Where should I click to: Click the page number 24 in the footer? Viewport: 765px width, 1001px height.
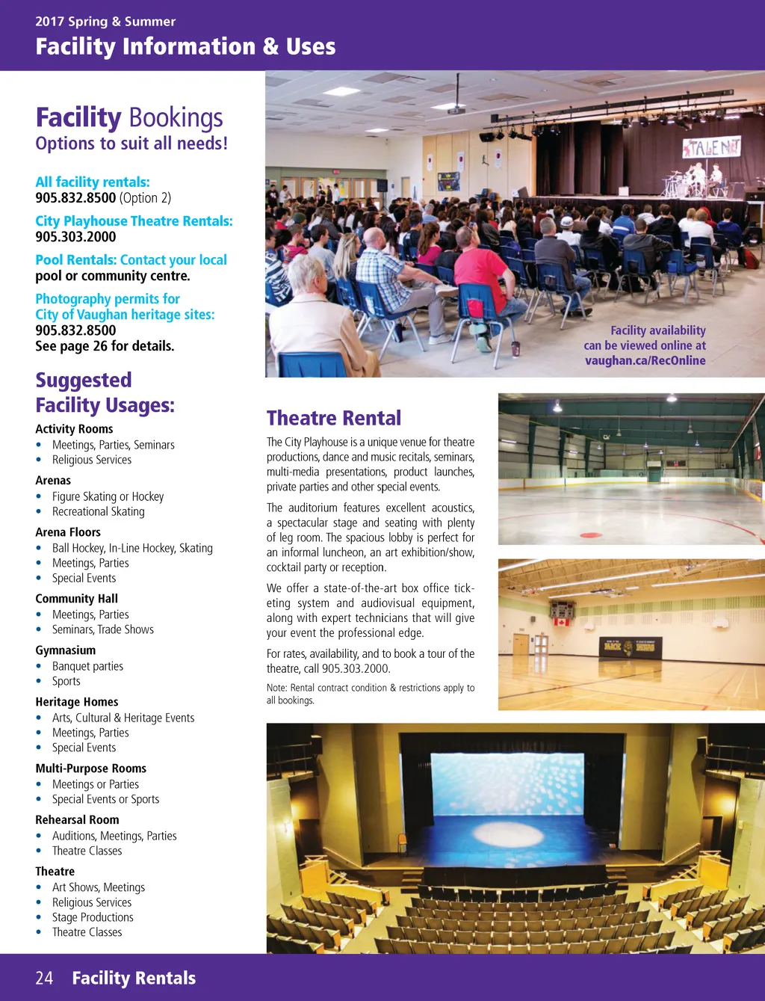(x=44, y=978)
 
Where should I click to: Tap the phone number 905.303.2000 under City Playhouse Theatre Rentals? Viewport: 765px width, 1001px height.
(x=75, y=237)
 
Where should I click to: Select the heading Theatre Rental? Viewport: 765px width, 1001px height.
(x=333, y=418)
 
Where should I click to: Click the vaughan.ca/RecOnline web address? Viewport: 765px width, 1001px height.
(x=645, y=360)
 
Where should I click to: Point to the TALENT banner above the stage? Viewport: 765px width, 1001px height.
(x=710, y=147)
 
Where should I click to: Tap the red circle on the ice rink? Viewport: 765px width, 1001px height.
(x=591, y=535)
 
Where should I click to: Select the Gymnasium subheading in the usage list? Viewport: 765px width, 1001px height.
(x=66, y=650)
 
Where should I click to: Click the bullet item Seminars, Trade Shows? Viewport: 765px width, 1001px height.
(x=102, y=629)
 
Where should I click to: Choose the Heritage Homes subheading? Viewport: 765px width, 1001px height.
(x=77, y=702)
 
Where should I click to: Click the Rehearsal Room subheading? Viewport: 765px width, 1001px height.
(x=77, y=820)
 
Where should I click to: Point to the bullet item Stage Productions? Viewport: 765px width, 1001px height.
(x=93, y=917)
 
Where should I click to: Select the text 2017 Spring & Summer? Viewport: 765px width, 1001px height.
(x=105, y=22)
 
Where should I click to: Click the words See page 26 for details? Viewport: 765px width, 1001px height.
(x=105, y=346)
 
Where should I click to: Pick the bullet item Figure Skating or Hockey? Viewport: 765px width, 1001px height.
(x=108, y=496)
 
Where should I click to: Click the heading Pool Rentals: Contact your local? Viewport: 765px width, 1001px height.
(x=131, y=260)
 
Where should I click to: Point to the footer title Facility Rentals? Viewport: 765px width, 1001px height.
(x=134, y=978)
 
